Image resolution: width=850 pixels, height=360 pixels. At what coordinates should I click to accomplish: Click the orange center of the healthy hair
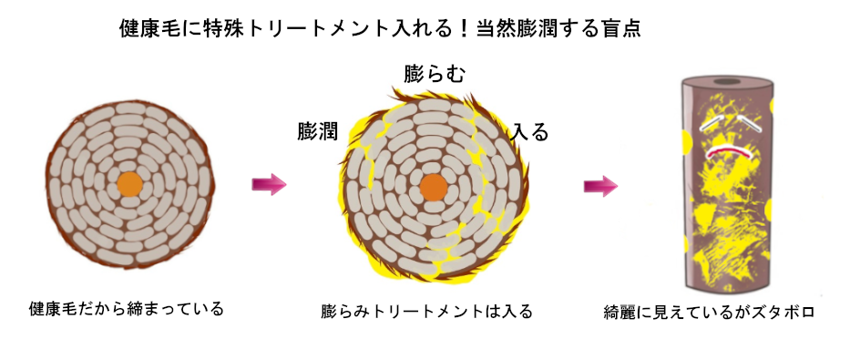click(130, 182)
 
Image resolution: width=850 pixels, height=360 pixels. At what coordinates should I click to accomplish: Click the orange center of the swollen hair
click(434, 188)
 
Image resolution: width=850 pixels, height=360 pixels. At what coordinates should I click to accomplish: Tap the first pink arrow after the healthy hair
click(269, 185)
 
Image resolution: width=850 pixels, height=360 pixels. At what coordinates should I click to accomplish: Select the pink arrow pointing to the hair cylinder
click(600, 186)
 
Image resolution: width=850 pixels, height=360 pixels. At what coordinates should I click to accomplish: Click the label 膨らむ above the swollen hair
click(435, 75)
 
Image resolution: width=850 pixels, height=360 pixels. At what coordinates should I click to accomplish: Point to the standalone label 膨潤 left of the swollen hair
click(317, 131)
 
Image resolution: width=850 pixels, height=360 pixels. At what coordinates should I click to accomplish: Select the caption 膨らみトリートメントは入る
click(426, 312)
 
